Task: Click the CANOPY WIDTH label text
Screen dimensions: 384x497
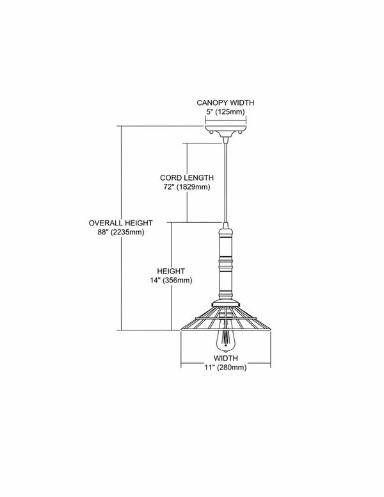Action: click(x=225, y=102)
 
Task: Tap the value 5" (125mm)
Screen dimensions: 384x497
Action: click(x=225, y=112)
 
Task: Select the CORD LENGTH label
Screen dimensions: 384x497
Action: click(x=187, y=178)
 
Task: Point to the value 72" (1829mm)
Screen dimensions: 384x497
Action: click(x=187, y=187)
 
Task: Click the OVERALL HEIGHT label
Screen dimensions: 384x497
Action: click(x=121, y=223)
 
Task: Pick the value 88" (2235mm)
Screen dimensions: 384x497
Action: click(x=121, y=232)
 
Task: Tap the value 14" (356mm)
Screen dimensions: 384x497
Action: click(x=171, y=281)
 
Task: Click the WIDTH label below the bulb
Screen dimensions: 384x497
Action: click(x=225, y=359)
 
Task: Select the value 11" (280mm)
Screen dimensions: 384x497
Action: click(x=225, y=368)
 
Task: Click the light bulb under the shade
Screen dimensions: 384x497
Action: click(x=225, y=341)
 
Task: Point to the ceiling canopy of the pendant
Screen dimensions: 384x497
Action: click(x=225, y=130)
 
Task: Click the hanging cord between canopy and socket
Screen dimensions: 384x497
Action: click(x=225, y=183)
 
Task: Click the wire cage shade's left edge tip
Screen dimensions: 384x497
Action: click(x=180, y=330)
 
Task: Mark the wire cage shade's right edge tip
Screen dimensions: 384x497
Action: click(x=271, y=330)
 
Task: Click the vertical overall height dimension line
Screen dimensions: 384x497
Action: click(x=122, y=228)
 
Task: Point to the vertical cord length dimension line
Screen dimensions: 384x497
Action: click(x=187, y=183)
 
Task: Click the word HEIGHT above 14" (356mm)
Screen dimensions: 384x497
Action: click(x=171, y=272)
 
